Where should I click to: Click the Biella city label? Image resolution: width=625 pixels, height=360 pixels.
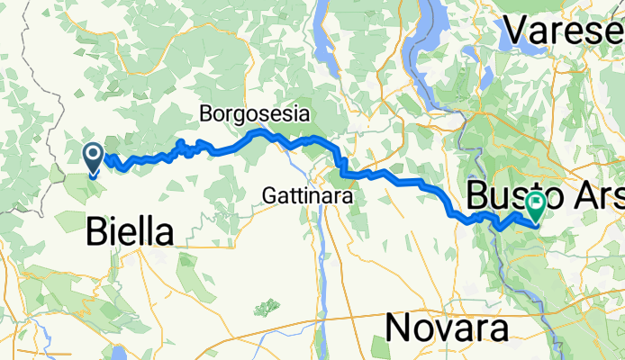130,233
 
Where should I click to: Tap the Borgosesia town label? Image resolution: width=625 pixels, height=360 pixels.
255,114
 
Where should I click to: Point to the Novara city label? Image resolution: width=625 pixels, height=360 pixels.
448,328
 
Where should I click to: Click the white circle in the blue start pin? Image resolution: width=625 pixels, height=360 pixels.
94,156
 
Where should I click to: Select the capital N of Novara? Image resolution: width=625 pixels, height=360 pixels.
399,328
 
